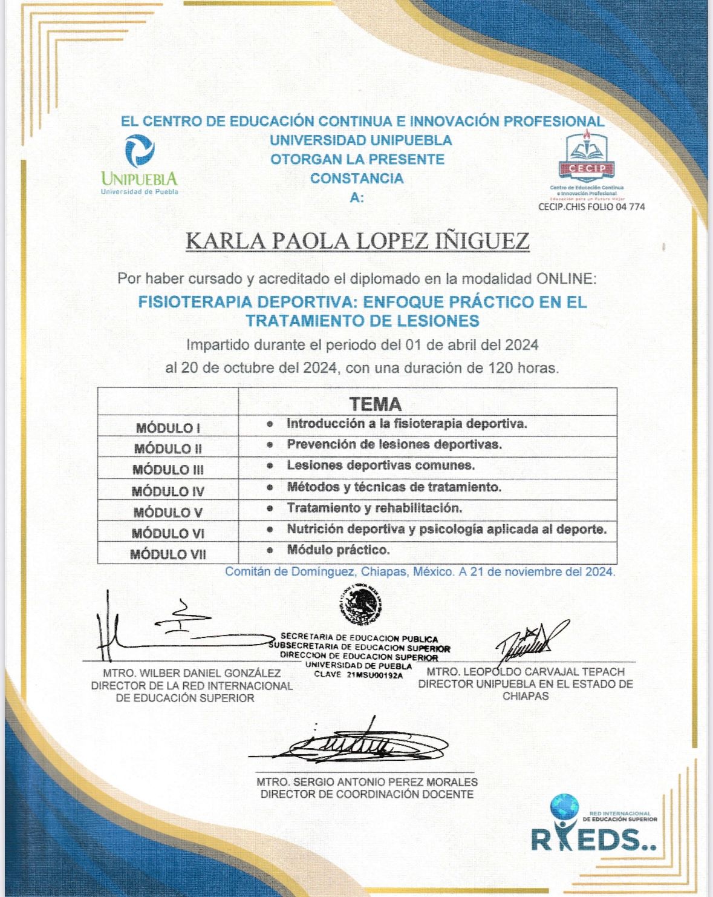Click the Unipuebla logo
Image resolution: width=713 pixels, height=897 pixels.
click(140, 164)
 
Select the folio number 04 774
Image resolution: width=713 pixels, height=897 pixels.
click(628, 206)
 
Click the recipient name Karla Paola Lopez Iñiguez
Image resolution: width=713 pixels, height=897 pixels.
click(357, 240)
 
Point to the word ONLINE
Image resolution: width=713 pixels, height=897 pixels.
click(564, 279)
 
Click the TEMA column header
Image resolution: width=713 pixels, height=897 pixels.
click(375, 404)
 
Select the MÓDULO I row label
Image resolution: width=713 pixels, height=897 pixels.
click(168, 428)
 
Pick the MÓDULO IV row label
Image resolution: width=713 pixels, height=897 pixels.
click(168, 491)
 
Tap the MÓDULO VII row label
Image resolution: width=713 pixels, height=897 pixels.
click(168, 554)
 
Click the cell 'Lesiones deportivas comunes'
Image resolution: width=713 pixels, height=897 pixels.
click(380, 465)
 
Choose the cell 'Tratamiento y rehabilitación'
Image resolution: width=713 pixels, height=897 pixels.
click(374, 508)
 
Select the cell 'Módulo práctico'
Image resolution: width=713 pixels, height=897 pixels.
click(338, 550)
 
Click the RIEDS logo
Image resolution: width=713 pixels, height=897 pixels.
click(593, 826)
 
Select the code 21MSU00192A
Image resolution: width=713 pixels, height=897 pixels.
click(375, 675)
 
